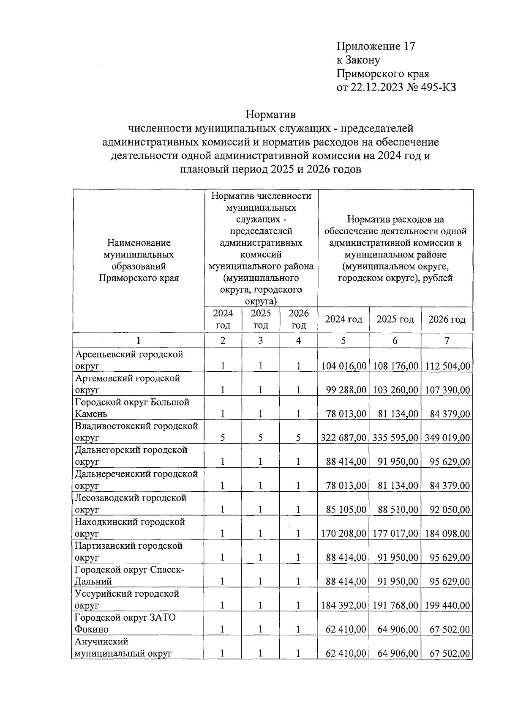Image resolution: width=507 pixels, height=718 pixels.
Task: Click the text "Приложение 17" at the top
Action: click(376, 47)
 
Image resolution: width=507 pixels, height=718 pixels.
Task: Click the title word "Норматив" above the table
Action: click(271, 115)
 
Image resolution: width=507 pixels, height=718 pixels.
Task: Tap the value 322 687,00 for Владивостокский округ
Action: click(343, 438)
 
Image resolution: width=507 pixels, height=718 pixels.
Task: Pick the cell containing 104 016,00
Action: click(343, 366)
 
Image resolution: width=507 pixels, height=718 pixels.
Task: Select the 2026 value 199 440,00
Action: click(447, 606)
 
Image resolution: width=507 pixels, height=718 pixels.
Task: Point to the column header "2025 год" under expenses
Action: click(395, 319)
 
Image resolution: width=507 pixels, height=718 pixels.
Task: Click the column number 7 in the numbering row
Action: click(447, 341)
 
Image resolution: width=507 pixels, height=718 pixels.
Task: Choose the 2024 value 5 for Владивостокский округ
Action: click(222, 438)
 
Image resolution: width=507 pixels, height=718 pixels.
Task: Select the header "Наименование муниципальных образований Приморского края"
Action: click(139, 260)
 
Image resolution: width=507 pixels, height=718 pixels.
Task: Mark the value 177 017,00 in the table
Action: click(395, 534)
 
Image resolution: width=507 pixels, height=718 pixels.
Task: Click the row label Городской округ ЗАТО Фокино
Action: click(125, 623)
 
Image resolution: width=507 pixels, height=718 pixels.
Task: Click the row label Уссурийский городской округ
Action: click(127, 599)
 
